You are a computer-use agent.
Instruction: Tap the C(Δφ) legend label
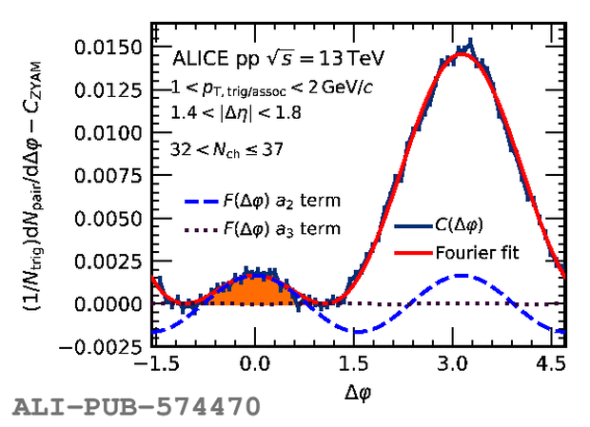coord(467,225)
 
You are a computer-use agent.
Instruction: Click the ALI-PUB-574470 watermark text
coord(135,409)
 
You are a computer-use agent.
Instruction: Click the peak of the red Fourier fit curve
coord(462,54)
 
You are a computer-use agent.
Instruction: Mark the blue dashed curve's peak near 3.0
coord(462,276)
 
